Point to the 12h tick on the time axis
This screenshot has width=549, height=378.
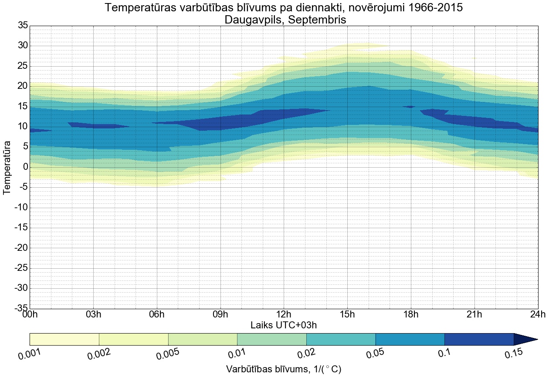(284, 314)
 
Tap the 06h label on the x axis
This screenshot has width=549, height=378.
(157, 314)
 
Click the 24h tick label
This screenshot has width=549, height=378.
(538, 314)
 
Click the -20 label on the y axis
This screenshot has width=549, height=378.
(21, 248)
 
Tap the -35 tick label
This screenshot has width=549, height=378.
(21, 308)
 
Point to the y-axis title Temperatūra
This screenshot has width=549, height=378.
(7, 167)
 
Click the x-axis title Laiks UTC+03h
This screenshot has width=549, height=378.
(284, 325)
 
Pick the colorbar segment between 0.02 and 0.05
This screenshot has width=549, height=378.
(341, 339)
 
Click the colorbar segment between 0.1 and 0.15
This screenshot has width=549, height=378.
(479, 339)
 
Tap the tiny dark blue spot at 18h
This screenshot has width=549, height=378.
(409, 106)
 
